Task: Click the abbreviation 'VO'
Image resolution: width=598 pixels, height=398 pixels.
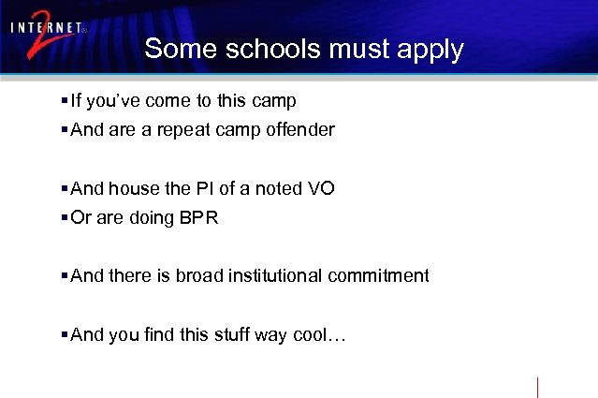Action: [321, 188]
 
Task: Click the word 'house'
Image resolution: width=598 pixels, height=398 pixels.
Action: [134, 188]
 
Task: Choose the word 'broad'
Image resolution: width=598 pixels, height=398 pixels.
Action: [197, 275]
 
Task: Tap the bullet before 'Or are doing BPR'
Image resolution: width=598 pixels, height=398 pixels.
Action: [64, 217]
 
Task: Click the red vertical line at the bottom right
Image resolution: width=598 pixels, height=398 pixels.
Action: [537, 387]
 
